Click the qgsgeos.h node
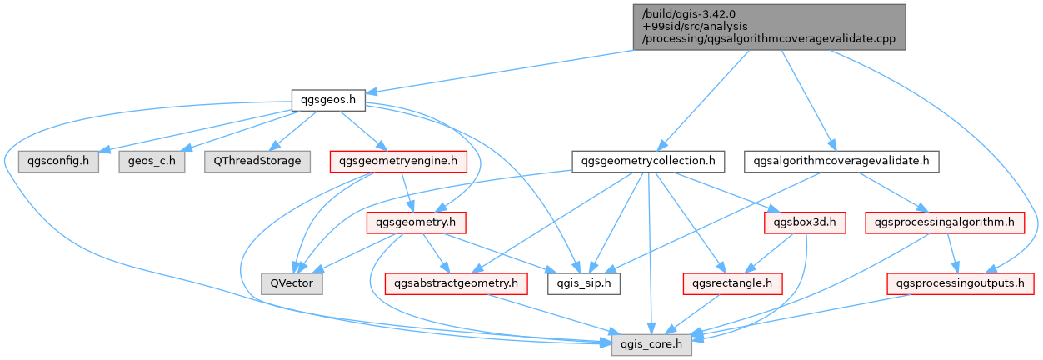coord(328,100)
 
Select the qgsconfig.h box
coord(58,161)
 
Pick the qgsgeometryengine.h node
coord(398,161)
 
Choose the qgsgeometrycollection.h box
coord(648,161)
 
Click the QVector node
coord(292,283)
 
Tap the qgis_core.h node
coord(651,344)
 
